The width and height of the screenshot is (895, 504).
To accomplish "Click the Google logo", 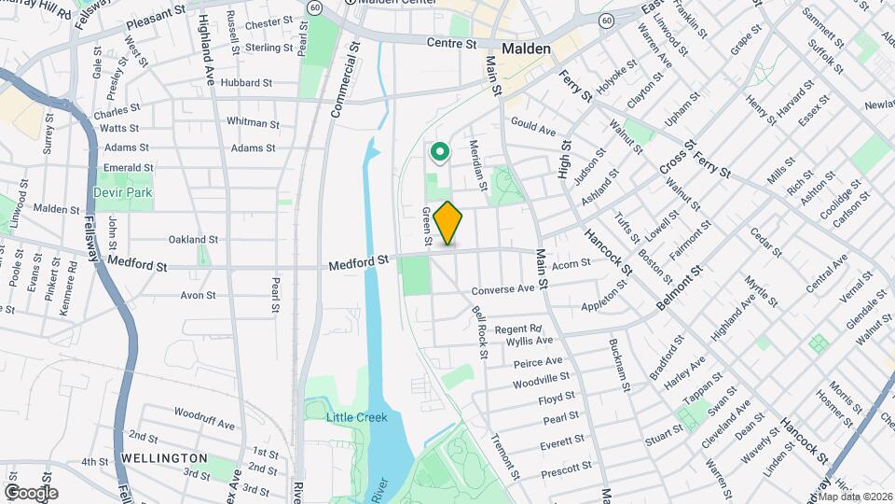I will (31, 493).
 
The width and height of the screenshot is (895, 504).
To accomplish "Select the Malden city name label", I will (526, 49).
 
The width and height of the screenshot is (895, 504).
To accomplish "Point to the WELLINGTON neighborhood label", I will (164, 458).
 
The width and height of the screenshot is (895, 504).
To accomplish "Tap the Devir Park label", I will (122, 192).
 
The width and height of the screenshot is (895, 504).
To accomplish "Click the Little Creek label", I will (357, 417).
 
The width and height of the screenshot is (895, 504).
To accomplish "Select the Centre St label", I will (451, 43).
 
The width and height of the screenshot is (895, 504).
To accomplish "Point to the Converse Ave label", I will (503, 289).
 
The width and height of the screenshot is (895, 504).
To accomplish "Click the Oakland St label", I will (193, 240).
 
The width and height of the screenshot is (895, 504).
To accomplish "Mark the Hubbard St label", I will (247, 83).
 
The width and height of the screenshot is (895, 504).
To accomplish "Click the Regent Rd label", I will (518, 329).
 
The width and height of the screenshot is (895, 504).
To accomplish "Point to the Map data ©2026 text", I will (855, 497).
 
